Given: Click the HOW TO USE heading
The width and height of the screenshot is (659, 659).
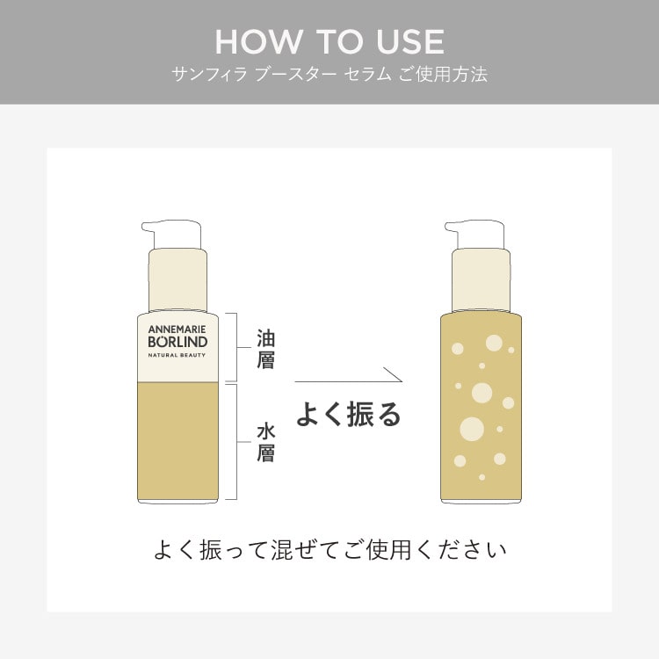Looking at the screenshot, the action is [329, 42].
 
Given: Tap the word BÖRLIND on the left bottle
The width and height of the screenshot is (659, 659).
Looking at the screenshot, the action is [177, 341].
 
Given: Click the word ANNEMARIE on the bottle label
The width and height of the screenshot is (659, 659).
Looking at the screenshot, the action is [177, 329].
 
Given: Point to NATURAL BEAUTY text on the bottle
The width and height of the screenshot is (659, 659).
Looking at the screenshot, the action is [177, 355].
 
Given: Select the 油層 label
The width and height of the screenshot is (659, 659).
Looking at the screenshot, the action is [265, 349].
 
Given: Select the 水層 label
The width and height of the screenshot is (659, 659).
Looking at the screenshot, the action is [265, 444].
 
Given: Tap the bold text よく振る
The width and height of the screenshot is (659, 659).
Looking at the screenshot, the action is [349, 415].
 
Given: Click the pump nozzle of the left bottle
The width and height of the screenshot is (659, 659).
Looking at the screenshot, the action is [171, 234].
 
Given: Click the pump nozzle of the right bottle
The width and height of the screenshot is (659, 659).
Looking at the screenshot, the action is [474, 234].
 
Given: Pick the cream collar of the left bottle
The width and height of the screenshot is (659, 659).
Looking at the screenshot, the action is [177, 279].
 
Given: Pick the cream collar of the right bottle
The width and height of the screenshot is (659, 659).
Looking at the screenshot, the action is [481, 279].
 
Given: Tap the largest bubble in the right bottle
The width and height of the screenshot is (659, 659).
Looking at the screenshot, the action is [472, 429].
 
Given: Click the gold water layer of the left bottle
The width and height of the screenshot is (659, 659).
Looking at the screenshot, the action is [177, 441].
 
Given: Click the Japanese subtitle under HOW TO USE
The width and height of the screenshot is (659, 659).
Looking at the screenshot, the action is [329, 75].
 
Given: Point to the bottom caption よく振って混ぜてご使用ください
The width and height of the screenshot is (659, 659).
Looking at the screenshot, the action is [330, 550].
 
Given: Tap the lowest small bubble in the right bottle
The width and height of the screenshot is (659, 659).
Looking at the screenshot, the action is [482, 477].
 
